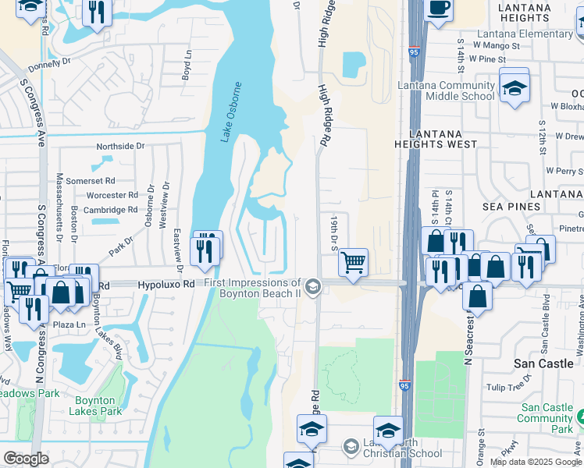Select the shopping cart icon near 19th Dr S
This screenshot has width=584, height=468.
[354, 263]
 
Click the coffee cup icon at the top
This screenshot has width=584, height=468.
[439, 7]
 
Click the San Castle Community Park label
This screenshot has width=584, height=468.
[547, 418]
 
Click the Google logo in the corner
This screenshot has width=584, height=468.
[27, 458]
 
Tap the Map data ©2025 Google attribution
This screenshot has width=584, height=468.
[536, 462]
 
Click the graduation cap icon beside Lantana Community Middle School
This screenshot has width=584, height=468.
[515, 87]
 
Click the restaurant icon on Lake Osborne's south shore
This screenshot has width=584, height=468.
[207, 249]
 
